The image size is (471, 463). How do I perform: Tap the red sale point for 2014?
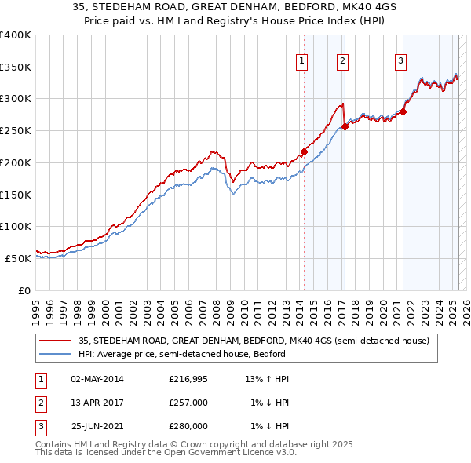pos(304,151)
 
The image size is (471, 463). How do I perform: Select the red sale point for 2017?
pos(345,126)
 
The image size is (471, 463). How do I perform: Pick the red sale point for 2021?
pos(403,111)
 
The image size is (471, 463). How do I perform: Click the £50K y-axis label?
pos(18,258)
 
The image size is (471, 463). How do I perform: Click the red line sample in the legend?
pos(56,341)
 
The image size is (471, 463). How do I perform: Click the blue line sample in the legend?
pos(56,354)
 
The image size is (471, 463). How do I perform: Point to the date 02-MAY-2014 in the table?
pos(97,379)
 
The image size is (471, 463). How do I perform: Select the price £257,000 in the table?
pos(188,403)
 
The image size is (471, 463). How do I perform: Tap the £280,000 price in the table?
pos(188,426)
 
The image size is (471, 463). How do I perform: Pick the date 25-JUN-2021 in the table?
pos(97,426)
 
